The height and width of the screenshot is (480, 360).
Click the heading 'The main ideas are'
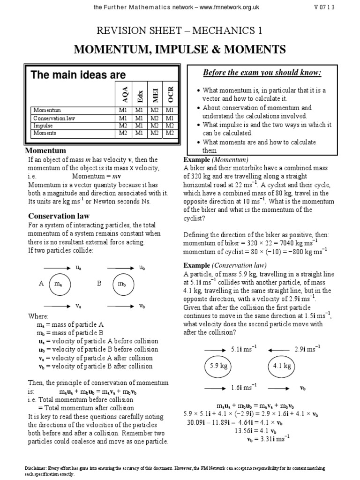(x=78, y=75)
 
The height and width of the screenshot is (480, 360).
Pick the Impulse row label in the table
(x=43, y=126)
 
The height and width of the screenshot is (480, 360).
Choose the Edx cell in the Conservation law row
(x=139, y=119)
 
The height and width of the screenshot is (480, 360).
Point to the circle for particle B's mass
(x=122, y=284)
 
